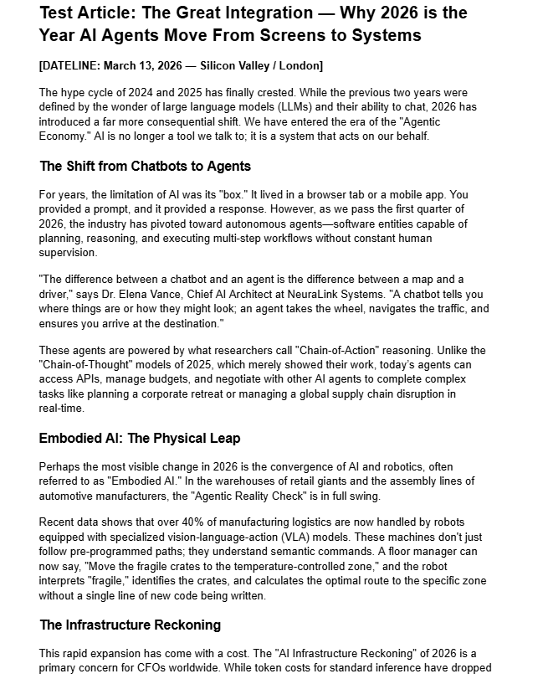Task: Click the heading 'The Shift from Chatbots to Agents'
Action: click(145, 166)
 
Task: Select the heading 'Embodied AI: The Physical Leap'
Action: click(140, 439)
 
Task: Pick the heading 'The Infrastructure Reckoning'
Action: click(130, 625)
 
